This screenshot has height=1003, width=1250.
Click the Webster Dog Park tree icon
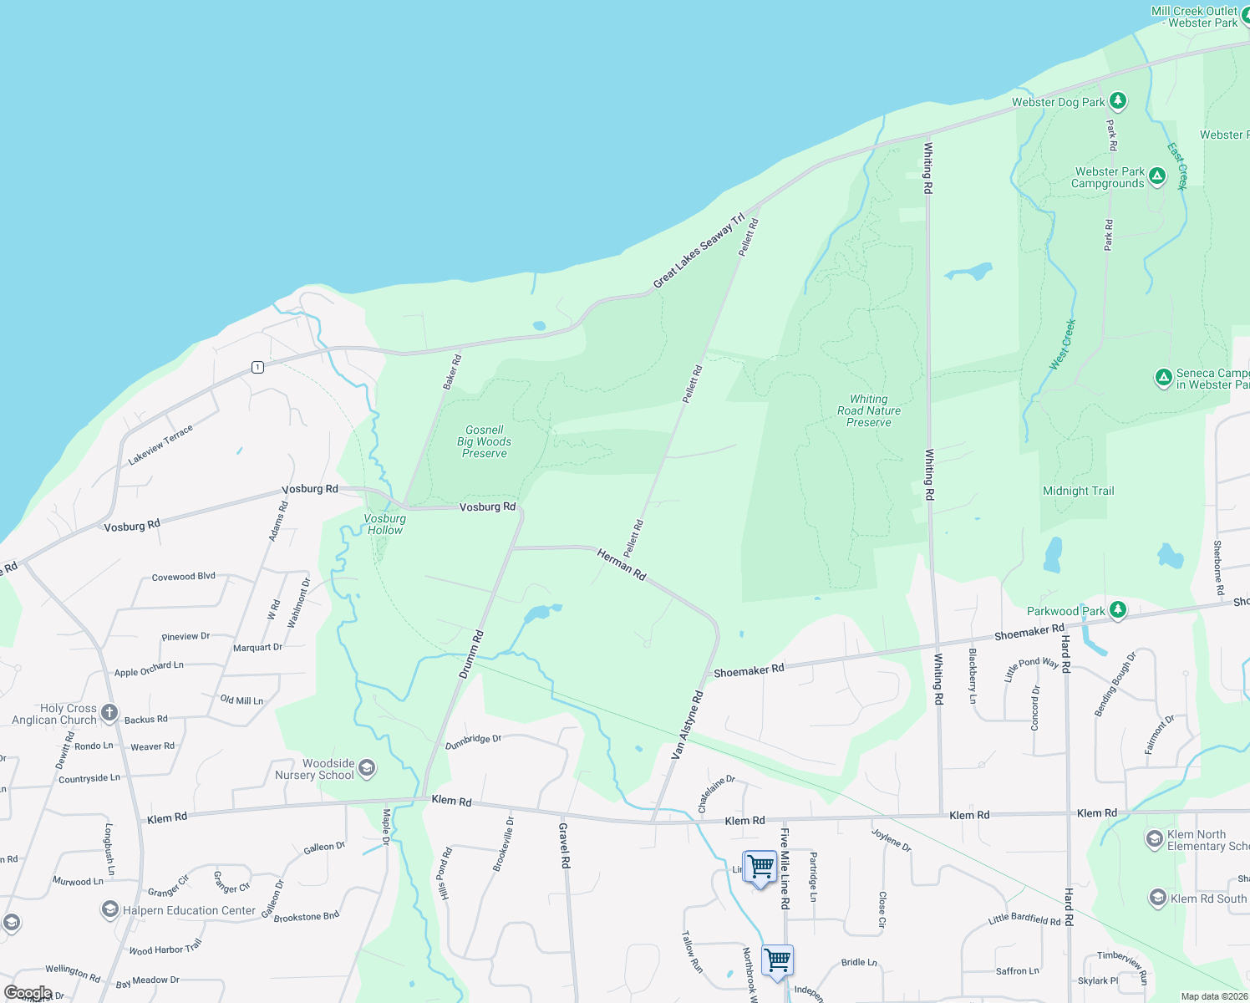[x=1118, y=101]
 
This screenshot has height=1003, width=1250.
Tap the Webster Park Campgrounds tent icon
[x=1156, y=176]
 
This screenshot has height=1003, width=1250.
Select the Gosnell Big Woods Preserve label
[x=485, y=441]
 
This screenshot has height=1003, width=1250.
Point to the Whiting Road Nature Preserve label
[x=869, y=410]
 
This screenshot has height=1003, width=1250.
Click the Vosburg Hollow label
[x=384, y=524]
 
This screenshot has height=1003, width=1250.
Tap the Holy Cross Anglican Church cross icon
[x=109, y=712]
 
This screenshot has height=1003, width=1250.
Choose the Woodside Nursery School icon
[x=366, y=767]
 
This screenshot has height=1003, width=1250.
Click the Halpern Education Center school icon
[x=109, y=909]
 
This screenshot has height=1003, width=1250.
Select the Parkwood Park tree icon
[x=1118, y=610]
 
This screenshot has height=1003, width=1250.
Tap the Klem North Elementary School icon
[x=1154, y=838]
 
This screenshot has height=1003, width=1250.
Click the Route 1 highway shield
[x=257, y=367]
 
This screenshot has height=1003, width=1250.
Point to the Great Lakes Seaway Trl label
[x=699, y=251]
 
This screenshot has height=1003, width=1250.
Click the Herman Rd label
[x=622, y=564]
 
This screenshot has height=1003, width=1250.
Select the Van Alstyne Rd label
[x=688, y=725]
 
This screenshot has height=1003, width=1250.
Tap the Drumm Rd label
[x=471, y=654]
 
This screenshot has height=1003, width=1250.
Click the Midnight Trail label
[x=1078, y=491]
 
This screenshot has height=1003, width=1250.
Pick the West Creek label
[x=1063, y=344]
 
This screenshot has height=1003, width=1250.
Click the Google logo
[x=28, y=993]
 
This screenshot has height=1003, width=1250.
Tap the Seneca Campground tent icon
[x=1163, y=378]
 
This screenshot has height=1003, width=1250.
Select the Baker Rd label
[x=452, y=372]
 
